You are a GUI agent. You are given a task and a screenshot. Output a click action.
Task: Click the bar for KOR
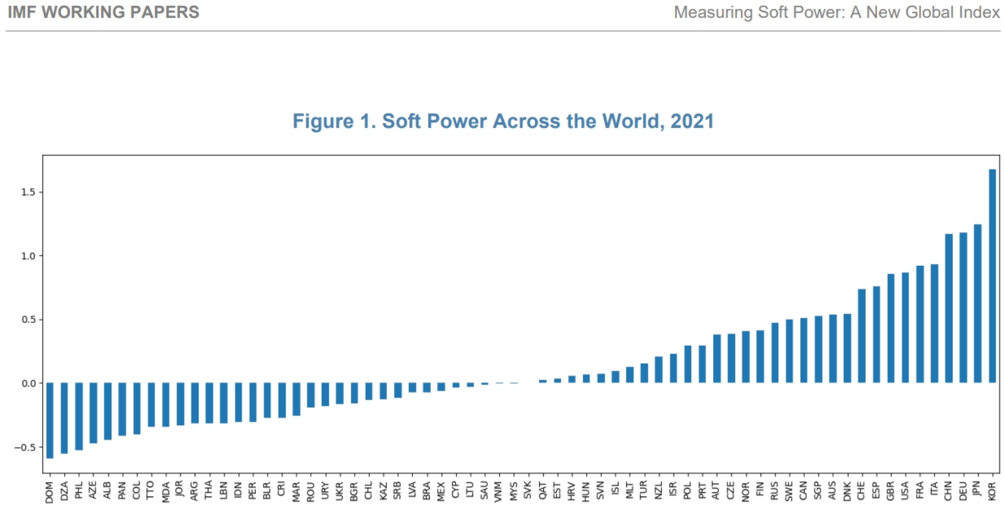coord(992,276)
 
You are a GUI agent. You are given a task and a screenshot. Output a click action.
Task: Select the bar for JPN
coord(977,304)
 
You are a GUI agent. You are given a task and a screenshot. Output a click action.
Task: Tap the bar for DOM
coord(50,421)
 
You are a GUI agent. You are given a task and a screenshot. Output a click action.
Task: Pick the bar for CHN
coord(949,309)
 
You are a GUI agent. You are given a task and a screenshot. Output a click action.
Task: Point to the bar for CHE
coord(862,336)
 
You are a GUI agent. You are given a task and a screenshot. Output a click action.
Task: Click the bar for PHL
coord(79,416)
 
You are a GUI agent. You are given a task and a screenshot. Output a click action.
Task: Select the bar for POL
coord(688,364)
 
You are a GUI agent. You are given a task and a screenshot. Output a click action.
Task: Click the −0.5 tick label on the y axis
coord(25,448)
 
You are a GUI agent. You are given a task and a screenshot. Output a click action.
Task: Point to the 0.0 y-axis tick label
coord(28,383)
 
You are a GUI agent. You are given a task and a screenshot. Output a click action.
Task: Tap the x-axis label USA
coord(905,491)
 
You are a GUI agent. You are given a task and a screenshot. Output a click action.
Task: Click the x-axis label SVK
coord(528,491)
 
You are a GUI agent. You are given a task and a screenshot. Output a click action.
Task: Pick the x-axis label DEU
coord(963,491)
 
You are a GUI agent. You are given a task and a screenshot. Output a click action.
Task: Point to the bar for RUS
coord(775,353)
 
